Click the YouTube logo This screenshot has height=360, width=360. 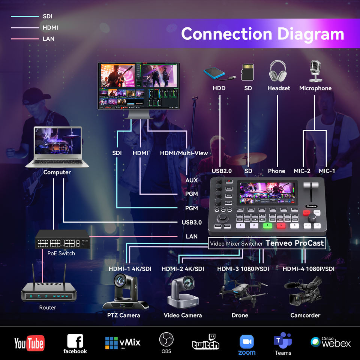tap(29, 343)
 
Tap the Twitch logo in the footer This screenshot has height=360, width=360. tap(205, 342)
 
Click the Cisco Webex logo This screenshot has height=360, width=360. tap(331, 342)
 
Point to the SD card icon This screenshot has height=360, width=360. tap(248, 71)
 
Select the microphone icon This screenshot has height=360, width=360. tap(315, 71)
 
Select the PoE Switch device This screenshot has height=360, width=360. tap(63, 238)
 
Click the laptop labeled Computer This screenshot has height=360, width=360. tap(57, 147)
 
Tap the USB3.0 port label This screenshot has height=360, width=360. tap(191, 222)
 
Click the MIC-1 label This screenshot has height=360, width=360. tap(327, 171)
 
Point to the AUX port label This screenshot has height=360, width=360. tap(192, 180)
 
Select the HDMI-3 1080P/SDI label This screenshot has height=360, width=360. tap(243, 269)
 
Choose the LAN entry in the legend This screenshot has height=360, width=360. tap(48, 39)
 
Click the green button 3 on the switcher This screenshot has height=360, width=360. tap(267, 226)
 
